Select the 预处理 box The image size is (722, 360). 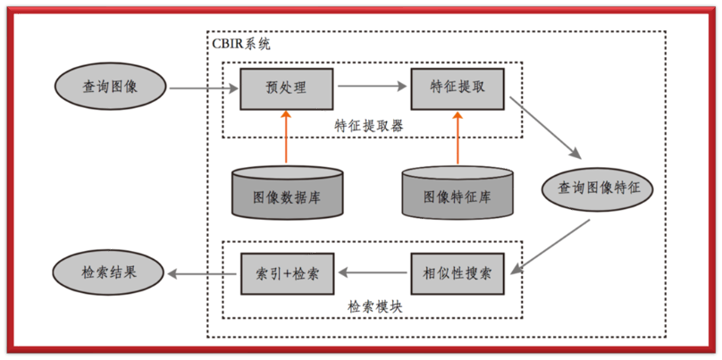(286, 88)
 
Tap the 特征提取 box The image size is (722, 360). (457, 88)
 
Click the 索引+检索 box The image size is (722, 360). (287, 272)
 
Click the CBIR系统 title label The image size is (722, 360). (241, 43)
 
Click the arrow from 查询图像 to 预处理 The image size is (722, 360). (204, 88)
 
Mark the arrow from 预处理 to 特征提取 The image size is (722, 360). (371, 88)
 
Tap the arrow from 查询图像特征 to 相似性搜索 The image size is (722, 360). (547, 246)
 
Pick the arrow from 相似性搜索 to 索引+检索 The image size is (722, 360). (372, 272)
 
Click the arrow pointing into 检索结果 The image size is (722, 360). (202, 272)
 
